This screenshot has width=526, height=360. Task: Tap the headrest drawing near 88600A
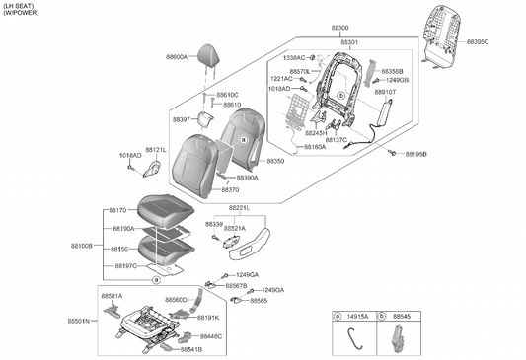(x=209, y=55)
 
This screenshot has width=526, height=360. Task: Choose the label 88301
(x=349, y=43)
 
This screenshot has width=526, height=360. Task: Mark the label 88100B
(x=82, y=245)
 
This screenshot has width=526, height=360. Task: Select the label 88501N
(x=79, y=322)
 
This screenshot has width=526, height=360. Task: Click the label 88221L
(x=239, y=208)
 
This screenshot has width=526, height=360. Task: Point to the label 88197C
(x=123, y=266)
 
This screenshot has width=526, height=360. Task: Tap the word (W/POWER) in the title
(x=21, y=15)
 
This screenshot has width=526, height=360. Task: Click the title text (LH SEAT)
(x=19, y=6)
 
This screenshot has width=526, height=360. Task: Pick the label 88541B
(x=190, y=349)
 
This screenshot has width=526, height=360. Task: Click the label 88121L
(x=156, y=150)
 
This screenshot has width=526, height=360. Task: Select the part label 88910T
(x=385, y=91)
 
